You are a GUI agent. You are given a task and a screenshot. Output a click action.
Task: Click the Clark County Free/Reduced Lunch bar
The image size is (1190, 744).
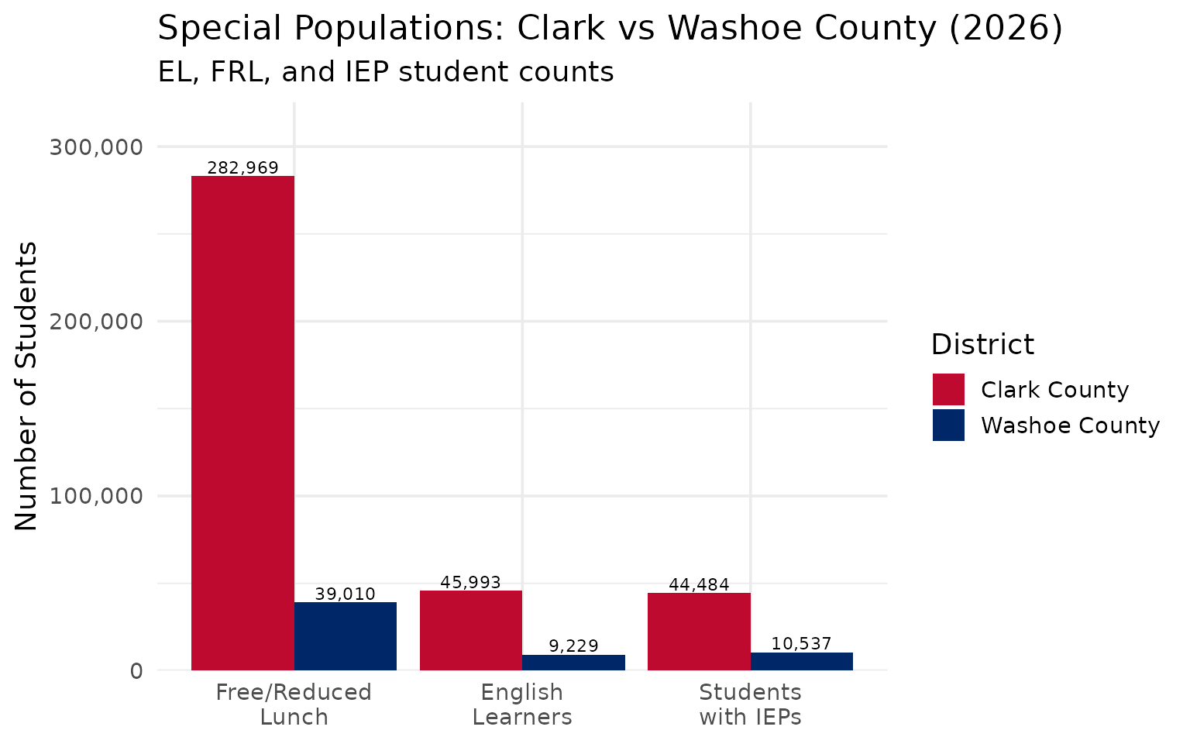tap(242, 422)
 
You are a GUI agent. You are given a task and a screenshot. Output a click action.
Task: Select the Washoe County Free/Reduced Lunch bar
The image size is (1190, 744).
tap(346, 635)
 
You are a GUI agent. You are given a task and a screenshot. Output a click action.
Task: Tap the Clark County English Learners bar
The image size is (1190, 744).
tap(471, 630)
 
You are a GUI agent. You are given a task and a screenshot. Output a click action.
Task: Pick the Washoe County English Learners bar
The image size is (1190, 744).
tap(573, 663)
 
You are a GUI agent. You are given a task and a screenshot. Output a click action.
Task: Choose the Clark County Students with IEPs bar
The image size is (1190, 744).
tap(699, 631)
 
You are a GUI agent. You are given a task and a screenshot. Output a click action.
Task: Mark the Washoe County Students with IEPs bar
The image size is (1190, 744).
tap(802, 661)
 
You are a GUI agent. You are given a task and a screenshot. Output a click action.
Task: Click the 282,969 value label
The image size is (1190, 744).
tap(242, 167)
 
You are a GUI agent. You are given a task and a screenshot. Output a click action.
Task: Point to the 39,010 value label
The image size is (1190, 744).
tap(346, 594)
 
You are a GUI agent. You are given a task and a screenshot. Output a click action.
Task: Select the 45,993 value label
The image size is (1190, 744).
tap(471, 582)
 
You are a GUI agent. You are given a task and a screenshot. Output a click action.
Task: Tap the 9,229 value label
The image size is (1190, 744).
tap(573, 646)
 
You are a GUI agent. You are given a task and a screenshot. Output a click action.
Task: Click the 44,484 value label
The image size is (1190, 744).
tap(699, 584)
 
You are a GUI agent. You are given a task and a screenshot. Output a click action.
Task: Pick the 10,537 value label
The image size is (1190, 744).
tap(802, 643)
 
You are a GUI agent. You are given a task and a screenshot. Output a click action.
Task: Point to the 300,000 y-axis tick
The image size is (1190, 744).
tap(97, 146)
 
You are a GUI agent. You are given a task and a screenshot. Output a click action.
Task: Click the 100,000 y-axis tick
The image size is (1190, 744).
tap(97, 496)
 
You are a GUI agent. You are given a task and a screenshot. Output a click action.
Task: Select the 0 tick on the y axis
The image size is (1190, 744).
tap(136, 670)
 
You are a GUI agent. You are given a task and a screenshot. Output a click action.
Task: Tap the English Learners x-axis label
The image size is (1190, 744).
tap(522, 704)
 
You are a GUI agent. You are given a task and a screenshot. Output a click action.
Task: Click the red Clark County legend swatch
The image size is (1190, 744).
tap(948, 389)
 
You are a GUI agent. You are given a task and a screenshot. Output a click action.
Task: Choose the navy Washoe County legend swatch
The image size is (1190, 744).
tap(948, 425)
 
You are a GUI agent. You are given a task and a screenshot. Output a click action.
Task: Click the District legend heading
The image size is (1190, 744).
tap(982, 344)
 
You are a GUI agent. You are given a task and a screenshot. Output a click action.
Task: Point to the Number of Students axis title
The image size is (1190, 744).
tap(27, 386)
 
